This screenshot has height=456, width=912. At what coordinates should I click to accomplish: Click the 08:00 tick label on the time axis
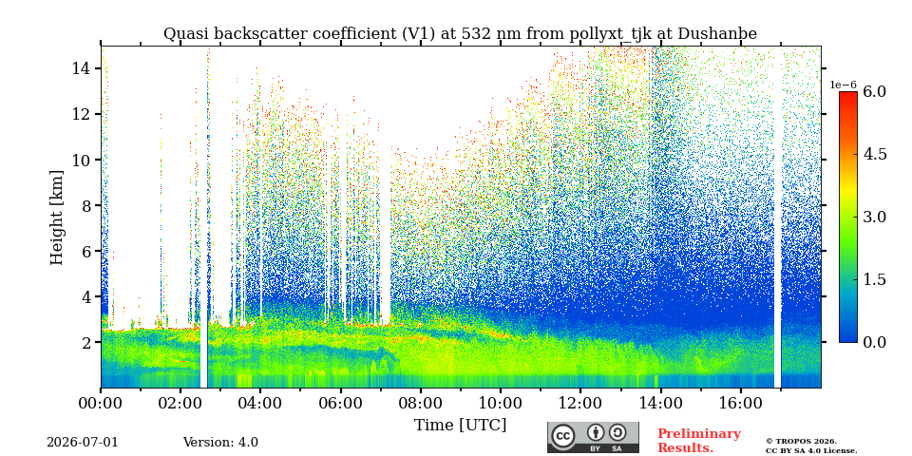[421, 403]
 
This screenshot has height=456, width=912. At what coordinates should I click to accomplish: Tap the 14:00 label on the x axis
[661, 403]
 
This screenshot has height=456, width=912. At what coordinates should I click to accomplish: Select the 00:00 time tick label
[101, 403]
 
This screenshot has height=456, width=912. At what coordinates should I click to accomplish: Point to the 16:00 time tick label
[740, 403]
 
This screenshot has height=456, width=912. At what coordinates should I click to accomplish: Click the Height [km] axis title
[56, 217]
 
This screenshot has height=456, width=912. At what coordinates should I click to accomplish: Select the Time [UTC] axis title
[460, 426]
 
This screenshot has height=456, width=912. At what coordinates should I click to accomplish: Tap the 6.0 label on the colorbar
[874, 91]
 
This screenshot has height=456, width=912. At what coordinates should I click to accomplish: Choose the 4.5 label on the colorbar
[874, 154]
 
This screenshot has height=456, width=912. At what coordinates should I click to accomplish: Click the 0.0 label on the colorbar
[874, 342]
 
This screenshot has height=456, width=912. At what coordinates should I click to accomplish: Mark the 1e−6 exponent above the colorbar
[843, 85]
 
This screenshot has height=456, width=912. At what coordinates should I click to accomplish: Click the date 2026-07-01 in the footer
[83, 442]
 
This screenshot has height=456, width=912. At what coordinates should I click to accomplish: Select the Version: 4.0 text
[220, 442]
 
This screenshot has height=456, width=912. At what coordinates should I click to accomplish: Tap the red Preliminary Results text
[699, 441]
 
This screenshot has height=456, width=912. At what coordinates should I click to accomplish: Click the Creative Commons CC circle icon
[562, 436]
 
